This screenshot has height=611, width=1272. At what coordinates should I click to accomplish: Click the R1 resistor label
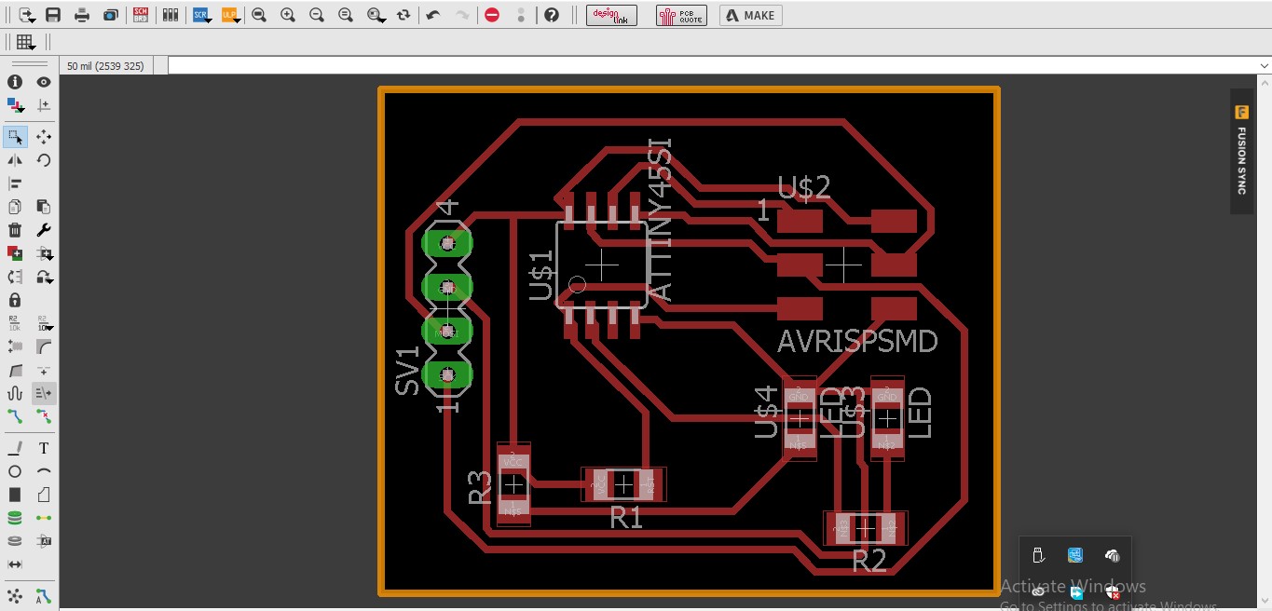tap(626, 517)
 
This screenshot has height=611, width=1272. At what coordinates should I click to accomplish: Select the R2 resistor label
tap(869, 561)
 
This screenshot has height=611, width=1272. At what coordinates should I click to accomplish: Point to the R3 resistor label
tap(480, 487)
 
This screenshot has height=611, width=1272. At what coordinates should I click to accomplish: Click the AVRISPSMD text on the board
tap(857, 342)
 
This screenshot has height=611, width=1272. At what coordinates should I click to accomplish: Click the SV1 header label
tap(408, 371)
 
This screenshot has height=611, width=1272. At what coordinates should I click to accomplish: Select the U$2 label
tap(803, 188)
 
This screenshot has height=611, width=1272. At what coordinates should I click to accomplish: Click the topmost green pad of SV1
tap(447, 243)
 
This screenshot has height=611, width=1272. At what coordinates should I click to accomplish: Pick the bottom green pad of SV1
tap(447, 375)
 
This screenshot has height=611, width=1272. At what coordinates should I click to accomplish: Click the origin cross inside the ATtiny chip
tap(602, 265)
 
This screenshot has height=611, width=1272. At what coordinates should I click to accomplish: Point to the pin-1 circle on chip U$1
tap(577, 285)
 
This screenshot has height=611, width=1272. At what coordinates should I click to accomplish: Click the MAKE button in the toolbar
tap(750, 15)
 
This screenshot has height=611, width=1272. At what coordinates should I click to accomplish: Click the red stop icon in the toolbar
tap(492, 15)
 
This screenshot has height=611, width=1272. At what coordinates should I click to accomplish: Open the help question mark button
tap(552, 15)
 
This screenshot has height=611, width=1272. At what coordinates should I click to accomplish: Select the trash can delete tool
tap(15, 230)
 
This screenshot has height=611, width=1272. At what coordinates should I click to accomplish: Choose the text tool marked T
tap(44, 448)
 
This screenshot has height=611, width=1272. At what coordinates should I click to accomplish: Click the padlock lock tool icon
tap(15, 300)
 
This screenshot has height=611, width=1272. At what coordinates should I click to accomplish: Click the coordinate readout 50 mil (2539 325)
tap(105, 66)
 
